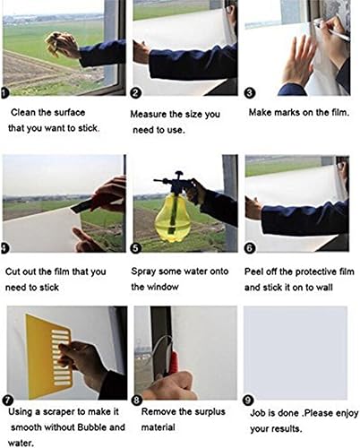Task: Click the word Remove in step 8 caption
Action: (159, 412)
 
